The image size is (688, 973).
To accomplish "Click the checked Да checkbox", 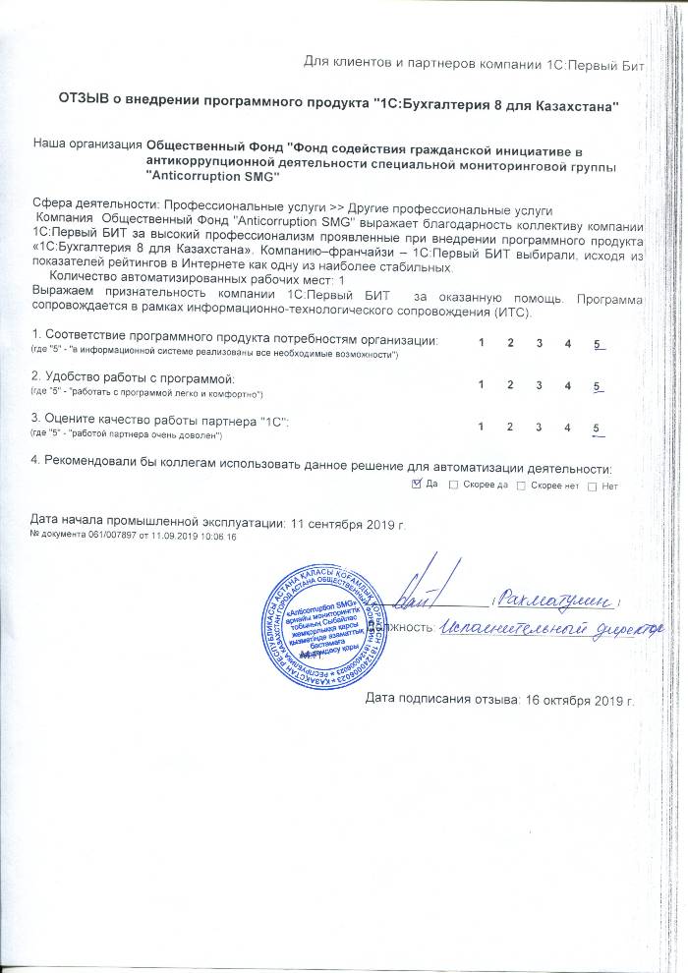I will pyautogui.click(x=415, y=486).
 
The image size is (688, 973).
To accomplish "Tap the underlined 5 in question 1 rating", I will pyautogui.click(x=598, y=342).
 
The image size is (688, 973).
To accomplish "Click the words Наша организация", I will pyautogui.click(x=86, y=143).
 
